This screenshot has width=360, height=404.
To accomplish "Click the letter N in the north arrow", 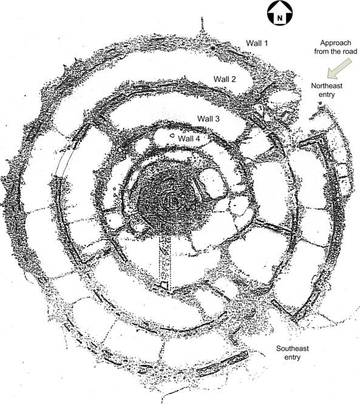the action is (x=280, y=18).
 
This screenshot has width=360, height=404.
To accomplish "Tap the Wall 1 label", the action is (x=257, y=43).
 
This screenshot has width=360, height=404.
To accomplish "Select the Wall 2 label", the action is (x=225, y=79).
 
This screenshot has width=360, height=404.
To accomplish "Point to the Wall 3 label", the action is (x=208, y=118).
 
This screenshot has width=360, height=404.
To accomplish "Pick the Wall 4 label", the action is (x=189, y=138).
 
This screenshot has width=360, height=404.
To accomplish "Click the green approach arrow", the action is (x=339, y=68).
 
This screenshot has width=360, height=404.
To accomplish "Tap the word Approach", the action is (x=336, y=43).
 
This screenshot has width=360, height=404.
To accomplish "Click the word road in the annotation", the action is (x=350, y=52).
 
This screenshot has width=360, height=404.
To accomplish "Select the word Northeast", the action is (x=327, y=86).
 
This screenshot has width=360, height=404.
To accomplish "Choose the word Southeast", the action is (x=293, y=348).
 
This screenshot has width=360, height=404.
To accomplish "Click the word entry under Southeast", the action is (x=293, y=357).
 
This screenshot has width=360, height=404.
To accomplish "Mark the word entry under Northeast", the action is (x=327, y=95).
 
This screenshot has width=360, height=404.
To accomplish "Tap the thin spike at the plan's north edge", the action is (x=202, y=25).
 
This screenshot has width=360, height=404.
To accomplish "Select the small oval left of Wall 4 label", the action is (x=171, y=135).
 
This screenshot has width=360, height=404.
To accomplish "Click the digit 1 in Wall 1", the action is (x=266, y=43).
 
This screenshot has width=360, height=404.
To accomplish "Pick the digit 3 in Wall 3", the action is (x=217, y=118).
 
